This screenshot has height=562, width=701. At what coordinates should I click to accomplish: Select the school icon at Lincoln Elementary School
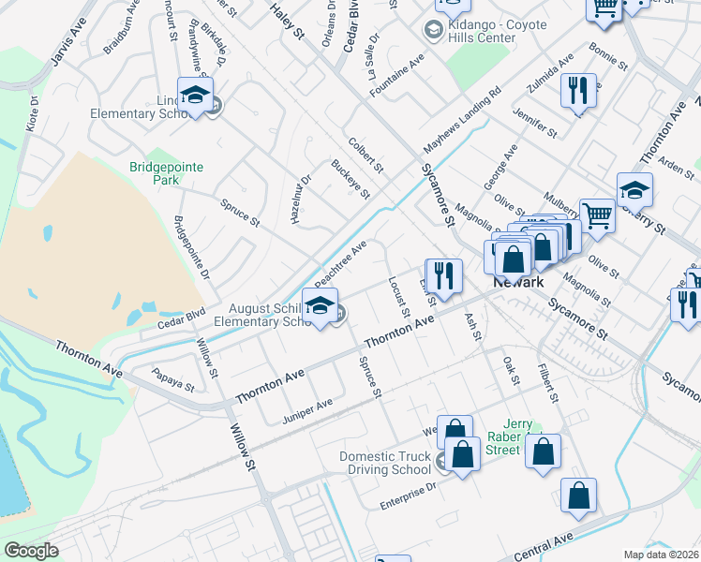pos(196,96)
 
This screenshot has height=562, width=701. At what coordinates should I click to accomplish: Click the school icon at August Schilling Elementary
pos(321,307)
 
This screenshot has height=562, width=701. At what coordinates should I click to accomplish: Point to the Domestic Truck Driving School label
pos(386,463)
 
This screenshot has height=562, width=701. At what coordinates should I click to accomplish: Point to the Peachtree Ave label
pos(341,264)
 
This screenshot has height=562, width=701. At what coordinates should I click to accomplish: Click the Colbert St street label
pos(365,155)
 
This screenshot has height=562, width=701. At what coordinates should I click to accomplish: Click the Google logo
pos(31,551)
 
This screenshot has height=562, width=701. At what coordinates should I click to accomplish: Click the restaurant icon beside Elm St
pos(443,275)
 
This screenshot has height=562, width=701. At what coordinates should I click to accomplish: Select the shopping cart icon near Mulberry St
pos(597,215)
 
